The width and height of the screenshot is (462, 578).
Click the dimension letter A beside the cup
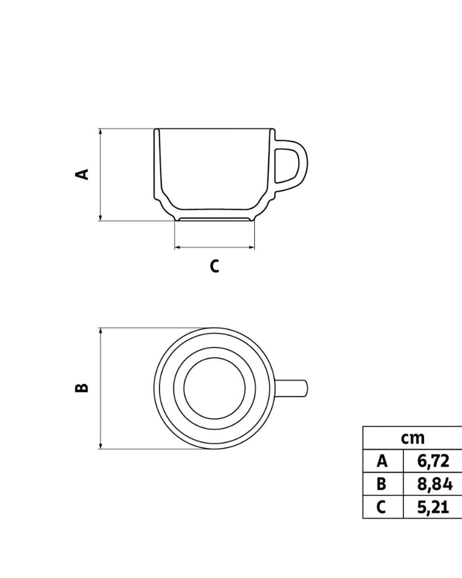[x=82, y=174]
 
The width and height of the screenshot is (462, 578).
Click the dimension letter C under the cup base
[x=215, y=266]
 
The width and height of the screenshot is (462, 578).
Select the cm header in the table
[x=413, y=438]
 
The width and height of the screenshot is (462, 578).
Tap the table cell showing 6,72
[x=433, y=461]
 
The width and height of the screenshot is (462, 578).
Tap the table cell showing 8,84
[x=434, y=484]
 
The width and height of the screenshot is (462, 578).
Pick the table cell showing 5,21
[x=433, y=507]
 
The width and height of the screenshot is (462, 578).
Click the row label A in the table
[x=382, y=461]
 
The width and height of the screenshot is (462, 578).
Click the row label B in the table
[x=381, y=484]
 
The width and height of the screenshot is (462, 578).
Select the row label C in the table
[x=381, y=507]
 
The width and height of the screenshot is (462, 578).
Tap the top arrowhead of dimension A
[x=100, y=132]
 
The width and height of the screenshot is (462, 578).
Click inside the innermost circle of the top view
[x=215, y=388]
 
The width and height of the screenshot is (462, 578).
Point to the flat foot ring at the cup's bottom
[x=215, y=220]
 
